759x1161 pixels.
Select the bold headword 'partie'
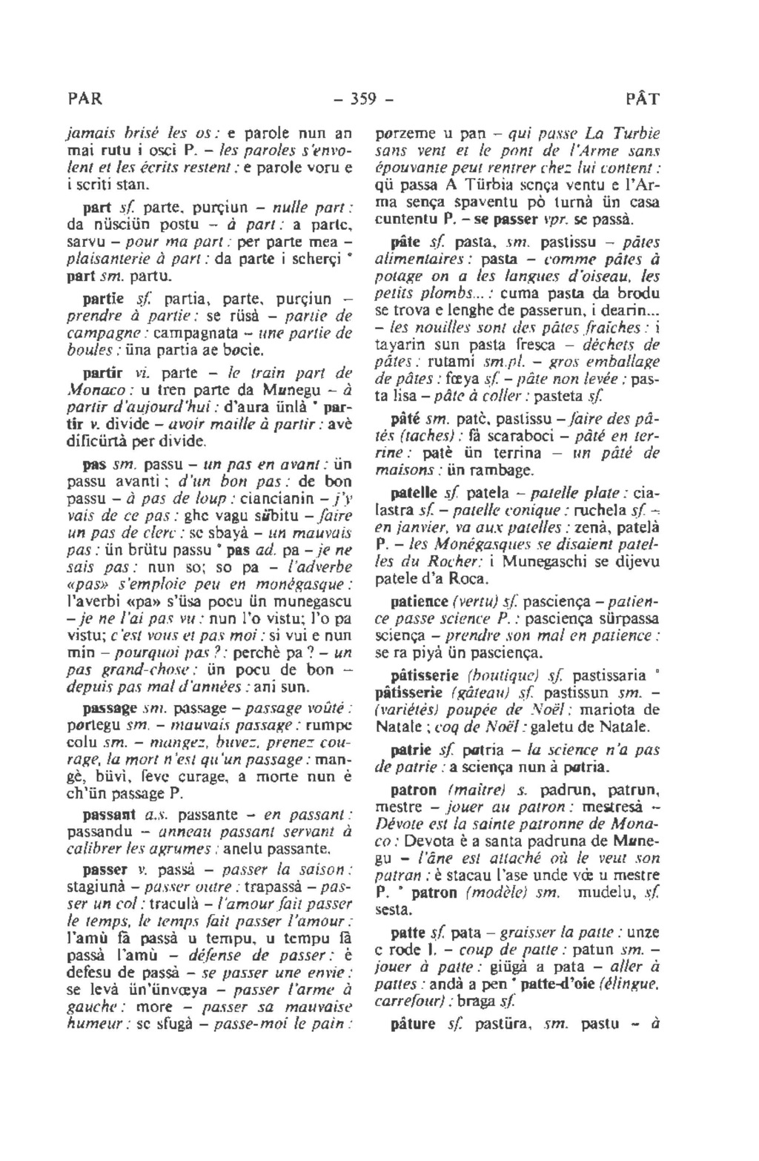(103, 300)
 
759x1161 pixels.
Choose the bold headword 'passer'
(102, 868)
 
